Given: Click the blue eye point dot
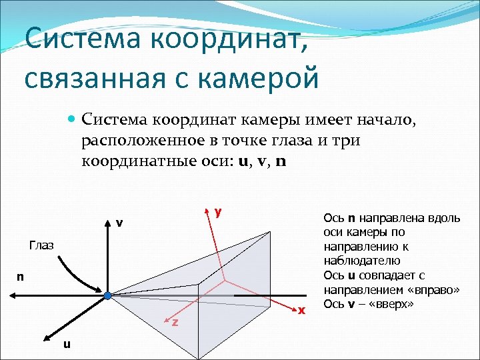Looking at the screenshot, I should pos(107,294).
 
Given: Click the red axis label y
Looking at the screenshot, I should pos(218,212).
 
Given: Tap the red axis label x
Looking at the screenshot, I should pos(302,311).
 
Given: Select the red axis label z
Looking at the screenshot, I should pos(175,323).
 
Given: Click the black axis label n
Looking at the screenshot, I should pos(21,276).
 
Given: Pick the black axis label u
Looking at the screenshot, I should pos(66,344).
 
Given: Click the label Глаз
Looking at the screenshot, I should pos(41,245).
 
